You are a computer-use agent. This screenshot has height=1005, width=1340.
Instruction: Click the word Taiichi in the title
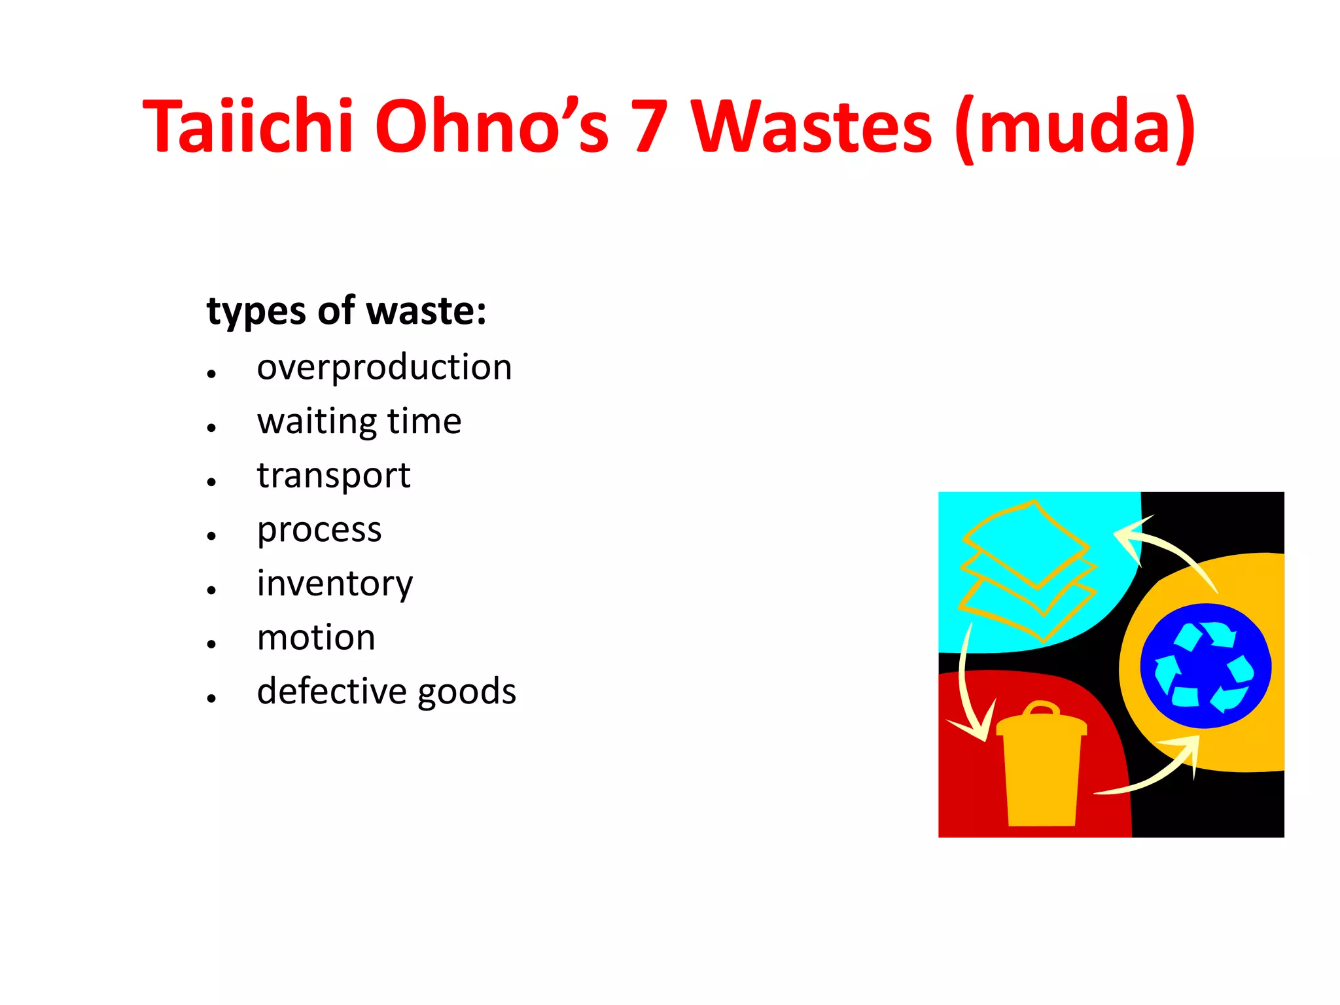coord(249,126)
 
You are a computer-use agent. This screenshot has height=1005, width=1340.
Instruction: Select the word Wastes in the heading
coord(812,126)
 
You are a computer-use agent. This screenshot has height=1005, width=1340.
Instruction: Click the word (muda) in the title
coord(1075,126)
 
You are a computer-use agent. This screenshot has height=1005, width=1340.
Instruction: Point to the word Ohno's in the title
coord(491,126)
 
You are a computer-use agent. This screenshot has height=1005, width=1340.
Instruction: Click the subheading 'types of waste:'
coord(346,311)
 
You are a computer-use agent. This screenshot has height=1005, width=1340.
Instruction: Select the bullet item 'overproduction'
coord(384,367)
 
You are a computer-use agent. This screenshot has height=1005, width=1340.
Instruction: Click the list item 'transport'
coord(333,476)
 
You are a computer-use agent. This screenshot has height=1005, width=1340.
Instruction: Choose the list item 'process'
coord(319,530)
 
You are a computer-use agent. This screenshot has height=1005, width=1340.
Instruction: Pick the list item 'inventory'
coord(334,584)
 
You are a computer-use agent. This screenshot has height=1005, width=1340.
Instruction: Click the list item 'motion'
coord(316,638)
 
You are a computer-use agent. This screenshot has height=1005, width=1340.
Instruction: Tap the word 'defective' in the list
coord(332,691)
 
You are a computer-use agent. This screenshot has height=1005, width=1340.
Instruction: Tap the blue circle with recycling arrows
coord(1205,666)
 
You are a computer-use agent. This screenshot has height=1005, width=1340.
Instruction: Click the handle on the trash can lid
coord(1040,709)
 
